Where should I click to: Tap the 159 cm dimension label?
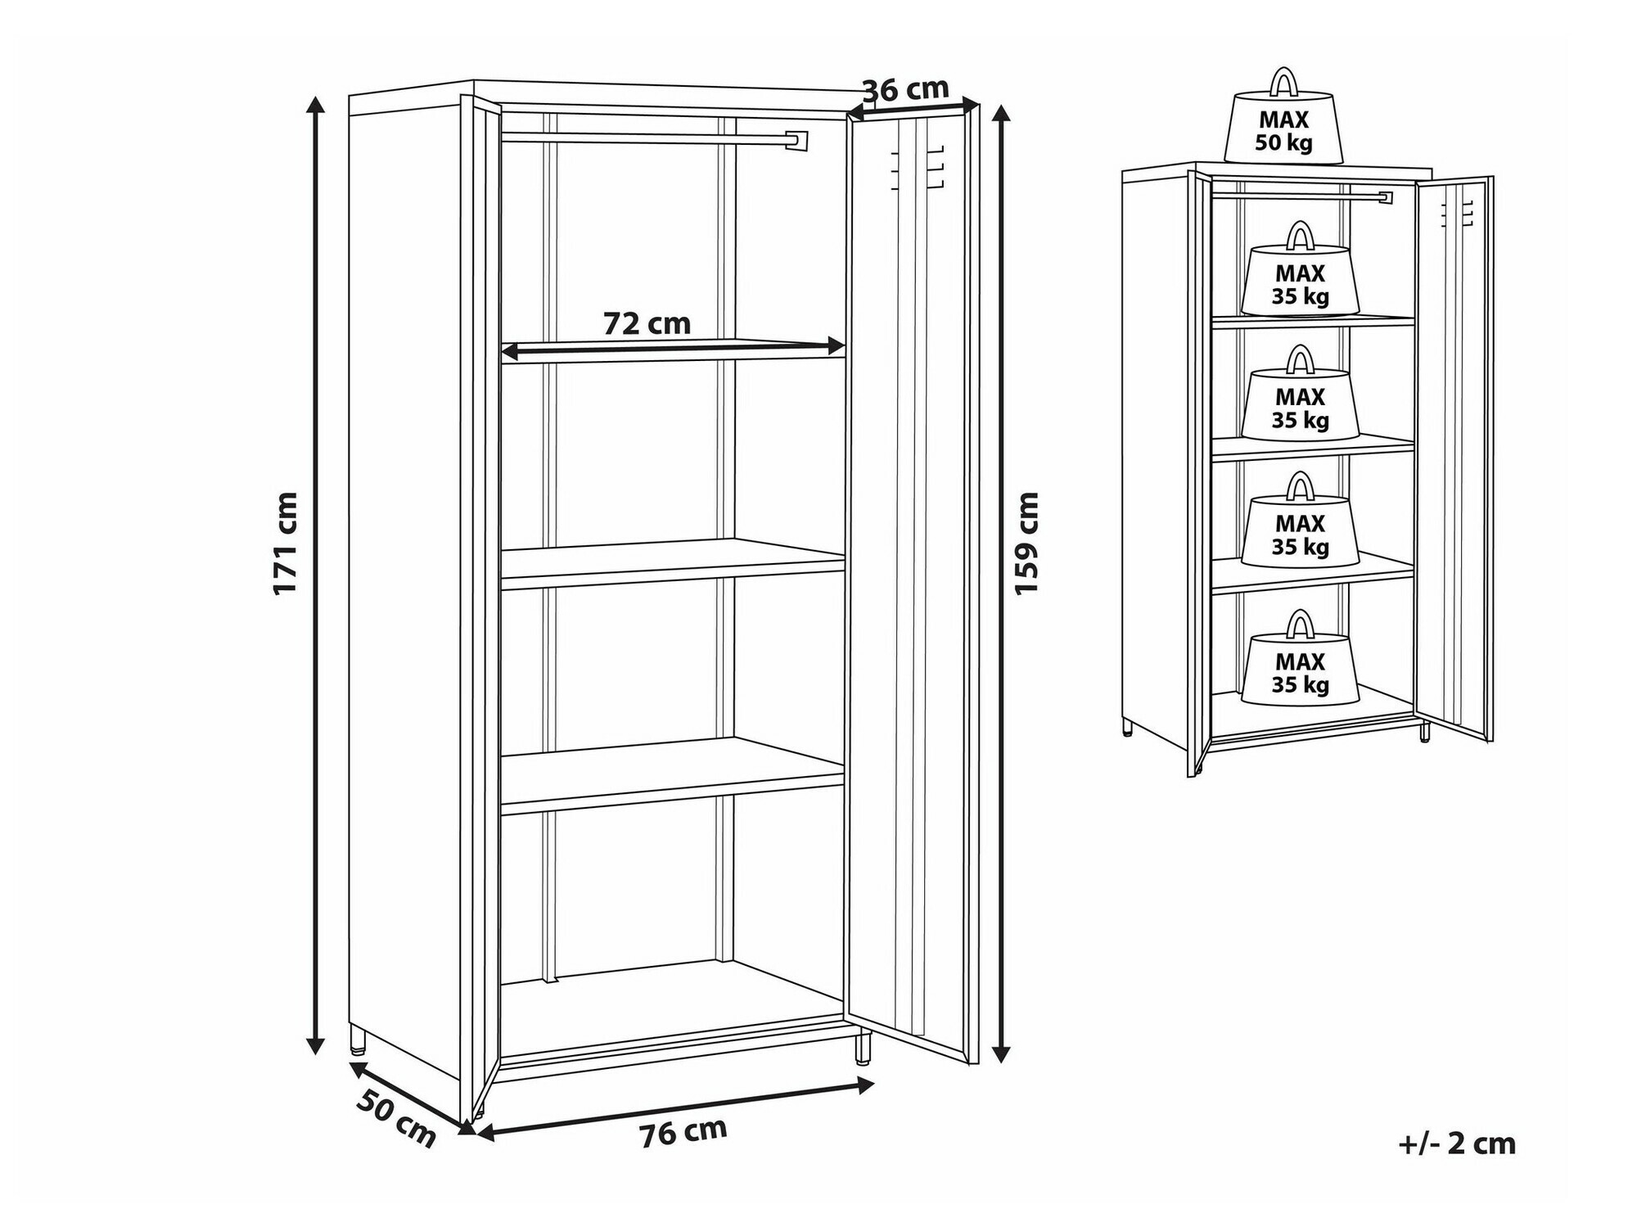pos(1026,543)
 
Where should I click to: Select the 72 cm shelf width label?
pos(647,323)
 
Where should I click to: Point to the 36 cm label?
pos(905,88)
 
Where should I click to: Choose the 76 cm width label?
pos(683,1131)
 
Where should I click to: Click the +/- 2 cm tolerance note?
pos(1457,1143)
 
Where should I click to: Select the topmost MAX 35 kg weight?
pos(1300,269)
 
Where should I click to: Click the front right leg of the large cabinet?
pos(864,1050)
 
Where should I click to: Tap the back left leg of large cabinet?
pos(357,1040)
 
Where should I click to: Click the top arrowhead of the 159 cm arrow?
pos(1000,113)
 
